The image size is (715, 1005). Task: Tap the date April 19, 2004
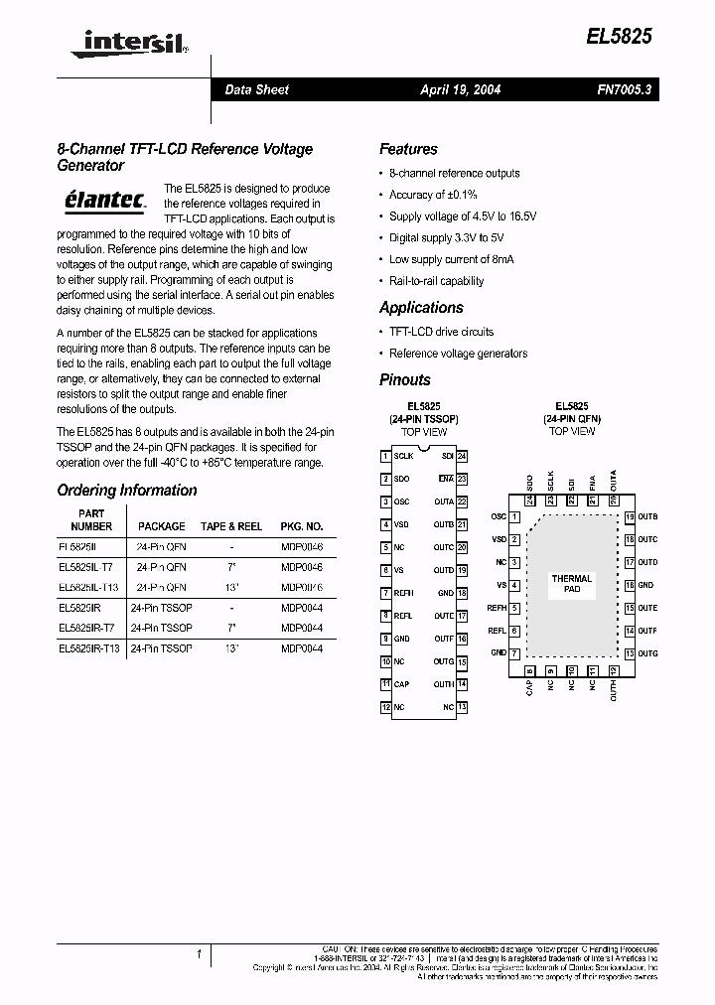460,89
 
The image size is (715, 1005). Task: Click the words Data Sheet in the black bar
256,89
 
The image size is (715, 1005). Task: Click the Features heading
408,149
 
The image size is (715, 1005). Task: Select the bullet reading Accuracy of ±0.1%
433,195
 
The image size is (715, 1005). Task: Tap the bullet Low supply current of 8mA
451,259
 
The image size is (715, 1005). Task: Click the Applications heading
421,308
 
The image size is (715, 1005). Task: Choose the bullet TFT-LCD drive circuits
441,332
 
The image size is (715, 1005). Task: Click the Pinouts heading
405,379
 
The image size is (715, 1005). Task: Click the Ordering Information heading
127,491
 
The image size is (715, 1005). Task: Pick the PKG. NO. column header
301,526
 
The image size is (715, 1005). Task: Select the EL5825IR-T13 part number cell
89,647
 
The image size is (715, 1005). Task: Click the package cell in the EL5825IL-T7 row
161,567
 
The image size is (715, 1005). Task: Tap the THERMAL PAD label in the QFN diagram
572,584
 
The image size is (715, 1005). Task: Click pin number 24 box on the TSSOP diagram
463,456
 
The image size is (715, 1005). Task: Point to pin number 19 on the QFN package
630,516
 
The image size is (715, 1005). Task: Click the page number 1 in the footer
200,954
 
